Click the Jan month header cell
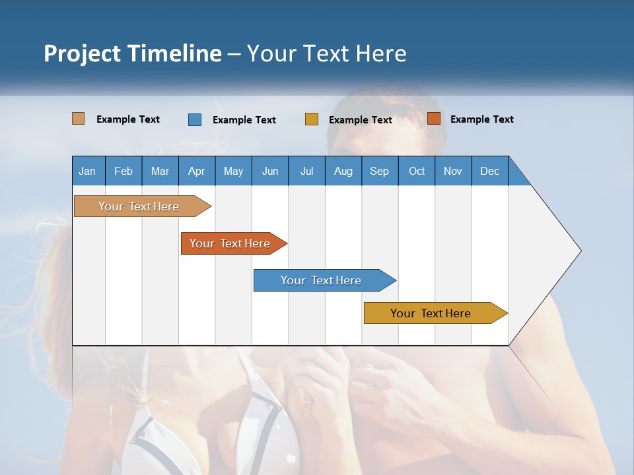(x=88, y=171)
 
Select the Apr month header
(x=197, y=171)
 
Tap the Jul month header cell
(x=306, y=171)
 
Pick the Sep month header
(x=380, y=171)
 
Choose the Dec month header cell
(x=489, y=171)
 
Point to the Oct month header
(x=417, y=171)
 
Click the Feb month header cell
(x=123, y=171)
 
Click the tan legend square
(x=79, y=119)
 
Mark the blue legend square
(x=195, y=119)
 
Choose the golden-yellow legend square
(x=312, y=119)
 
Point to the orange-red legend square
(x=434, y=119)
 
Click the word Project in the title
(x=83, y=53)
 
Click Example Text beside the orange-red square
(x=481, y=119)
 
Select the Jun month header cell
(x=270, y=171)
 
